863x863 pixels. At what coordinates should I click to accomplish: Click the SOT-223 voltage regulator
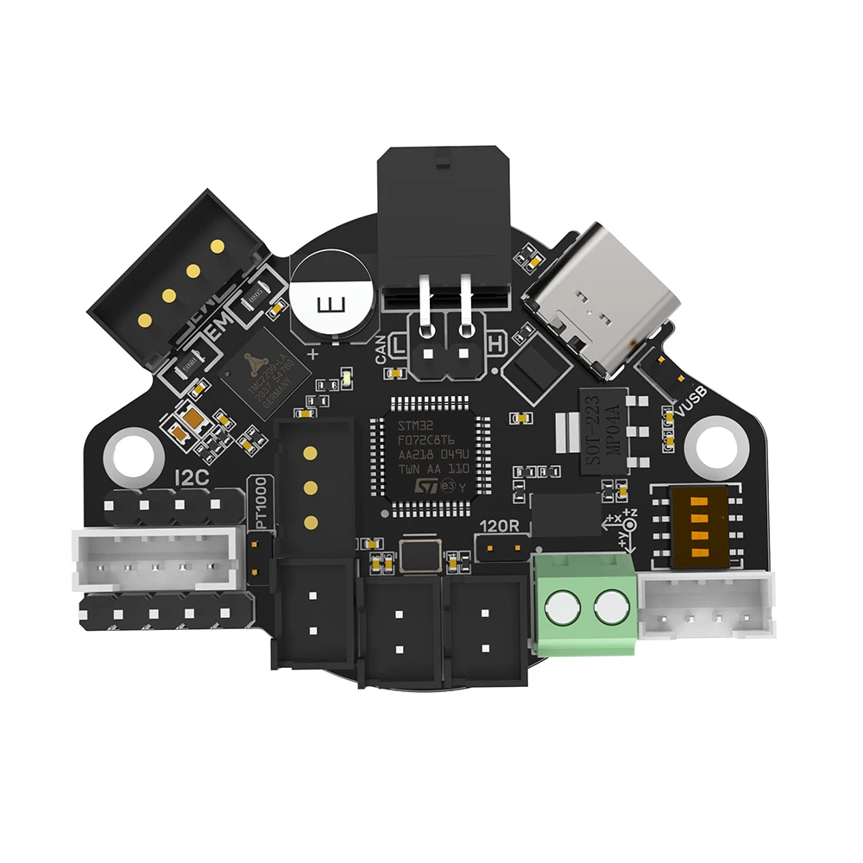tap(603, 431)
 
